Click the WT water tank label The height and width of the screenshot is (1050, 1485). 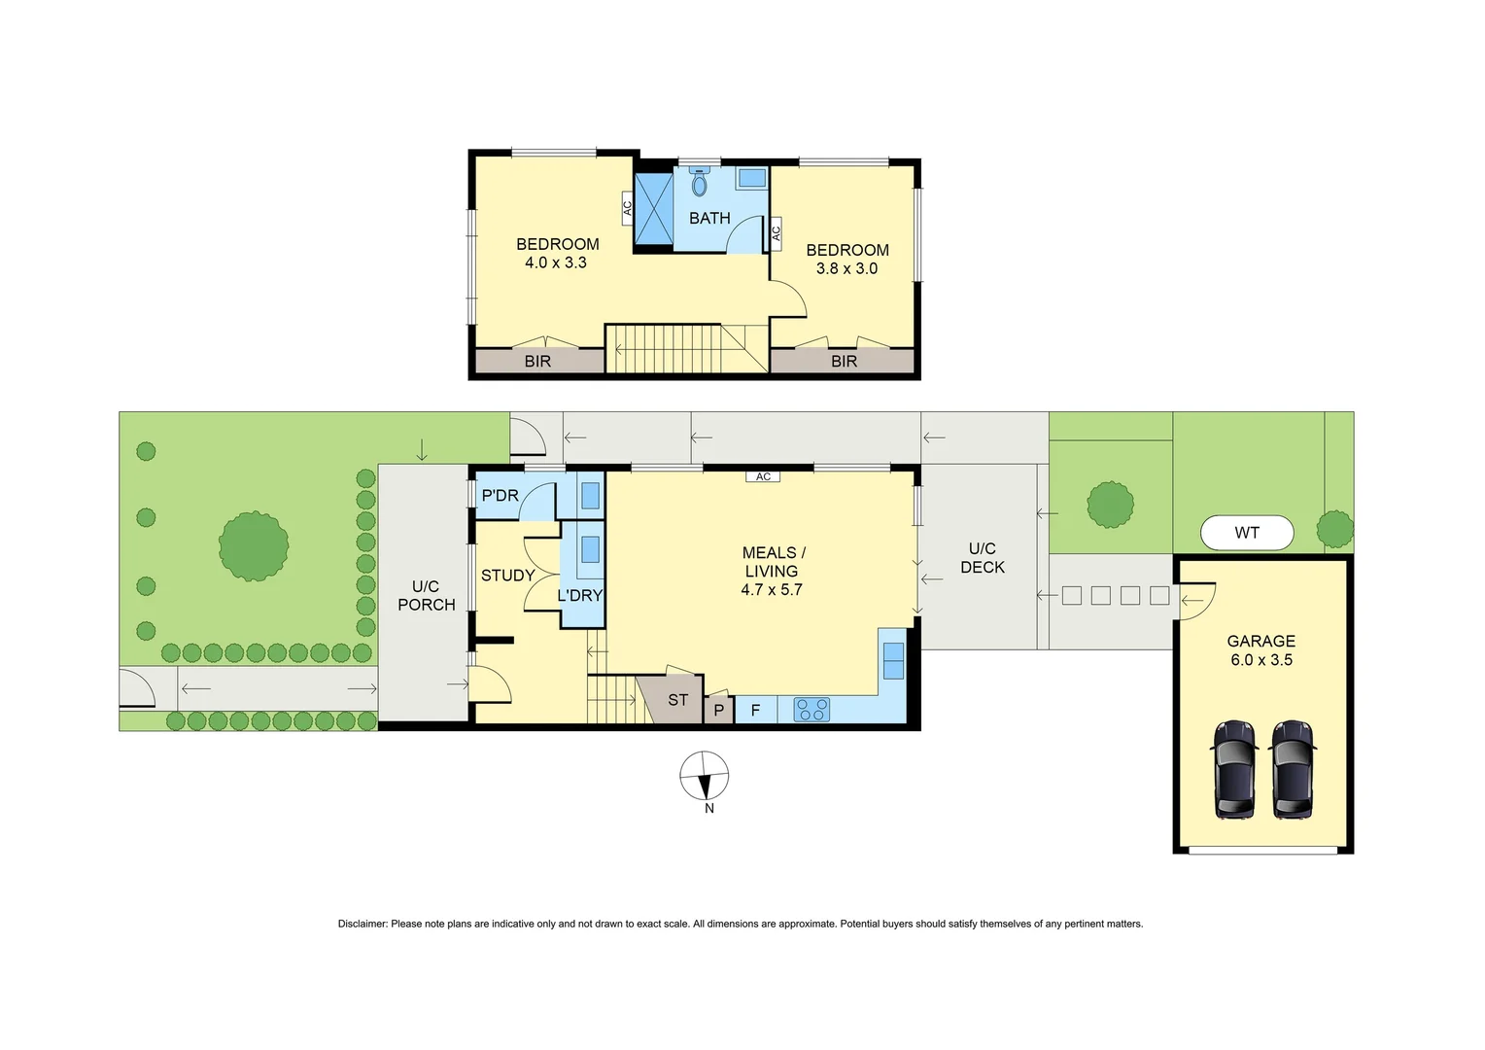1246,533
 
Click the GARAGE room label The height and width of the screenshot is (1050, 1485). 1261,641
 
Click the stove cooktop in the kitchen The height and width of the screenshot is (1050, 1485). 812,710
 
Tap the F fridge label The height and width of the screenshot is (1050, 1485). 755,710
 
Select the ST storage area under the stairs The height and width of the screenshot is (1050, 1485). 677,700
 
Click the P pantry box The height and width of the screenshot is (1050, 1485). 718,711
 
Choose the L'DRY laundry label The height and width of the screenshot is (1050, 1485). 579,595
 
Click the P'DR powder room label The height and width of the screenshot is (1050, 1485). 500,496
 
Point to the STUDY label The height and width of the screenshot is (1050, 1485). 507,576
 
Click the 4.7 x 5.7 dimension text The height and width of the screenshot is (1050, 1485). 771,589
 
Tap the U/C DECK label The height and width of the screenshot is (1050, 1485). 982,557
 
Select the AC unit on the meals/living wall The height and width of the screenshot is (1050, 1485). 763,476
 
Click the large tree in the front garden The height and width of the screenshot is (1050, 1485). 253,546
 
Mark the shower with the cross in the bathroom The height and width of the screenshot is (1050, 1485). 653,208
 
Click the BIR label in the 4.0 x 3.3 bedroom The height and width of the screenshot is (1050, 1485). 537,361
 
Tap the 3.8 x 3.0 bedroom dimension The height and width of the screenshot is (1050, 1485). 846,268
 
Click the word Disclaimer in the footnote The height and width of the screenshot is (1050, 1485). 363,924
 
